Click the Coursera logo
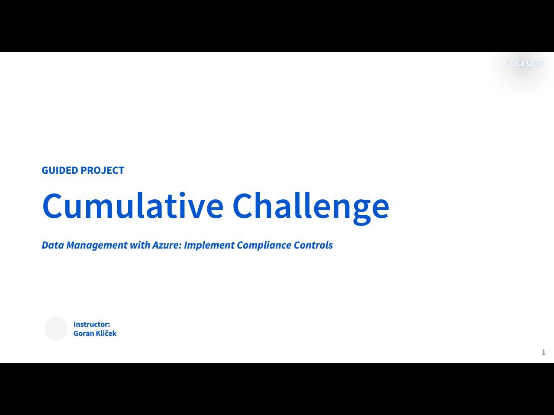(x=525, y=64)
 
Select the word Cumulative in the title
(x=133, y=206)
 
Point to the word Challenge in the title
(x=311, y=206)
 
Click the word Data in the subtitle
(x=52, y=245)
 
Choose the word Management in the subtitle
(x=97, y=245)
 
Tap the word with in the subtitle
(x=140, y=245)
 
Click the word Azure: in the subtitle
(x=167, y=245)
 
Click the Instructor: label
(x=92, y=324)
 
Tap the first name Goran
(x=84, y=333)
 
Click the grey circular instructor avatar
(x=56, y=329)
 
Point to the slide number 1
(x=544, y=352)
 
